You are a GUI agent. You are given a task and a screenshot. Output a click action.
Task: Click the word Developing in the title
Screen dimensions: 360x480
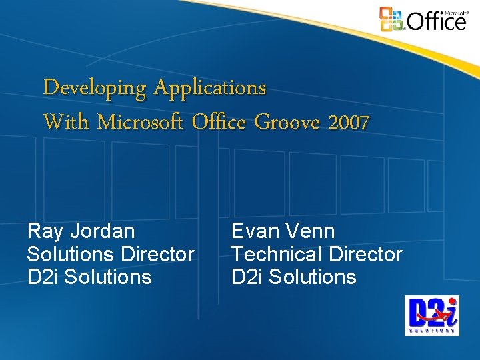95,88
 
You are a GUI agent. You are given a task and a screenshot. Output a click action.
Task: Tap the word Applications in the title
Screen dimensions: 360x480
209,88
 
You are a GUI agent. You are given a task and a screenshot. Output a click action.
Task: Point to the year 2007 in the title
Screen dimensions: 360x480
348,122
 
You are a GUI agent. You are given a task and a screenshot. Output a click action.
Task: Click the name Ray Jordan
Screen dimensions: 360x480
81,231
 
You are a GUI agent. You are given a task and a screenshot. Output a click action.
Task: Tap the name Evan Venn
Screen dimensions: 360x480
283,231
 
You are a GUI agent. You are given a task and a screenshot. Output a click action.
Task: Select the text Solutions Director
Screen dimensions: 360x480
111,254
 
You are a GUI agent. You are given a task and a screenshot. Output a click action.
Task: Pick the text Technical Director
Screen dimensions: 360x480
317,254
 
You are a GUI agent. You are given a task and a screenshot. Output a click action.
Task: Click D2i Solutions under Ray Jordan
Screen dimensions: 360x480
89,277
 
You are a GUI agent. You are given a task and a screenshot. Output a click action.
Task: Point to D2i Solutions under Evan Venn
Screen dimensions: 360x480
294,277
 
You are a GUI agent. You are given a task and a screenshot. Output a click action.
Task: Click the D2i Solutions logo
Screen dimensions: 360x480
431,315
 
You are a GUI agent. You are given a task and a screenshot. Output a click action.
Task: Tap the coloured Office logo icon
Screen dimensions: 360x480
391,19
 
